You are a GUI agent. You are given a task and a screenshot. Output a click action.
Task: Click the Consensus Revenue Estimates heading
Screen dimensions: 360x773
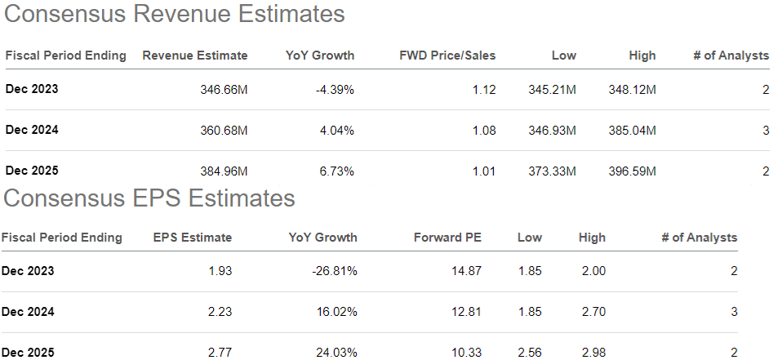(173, 14)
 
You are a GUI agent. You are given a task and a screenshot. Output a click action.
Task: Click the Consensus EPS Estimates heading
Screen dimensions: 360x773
(149, 198)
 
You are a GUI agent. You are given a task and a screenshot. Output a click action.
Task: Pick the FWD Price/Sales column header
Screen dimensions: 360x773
(447, 56)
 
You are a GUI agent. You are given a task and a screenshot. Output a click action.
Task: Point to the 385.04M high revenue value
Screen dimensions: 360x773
(631, 130)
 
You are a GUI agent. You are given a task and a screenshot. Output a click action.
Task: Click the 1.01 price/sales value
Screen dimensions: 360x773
(483, 171)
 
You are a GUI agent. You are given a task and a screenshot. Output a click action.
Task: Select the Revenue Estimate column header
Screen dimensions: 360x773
(194, 56)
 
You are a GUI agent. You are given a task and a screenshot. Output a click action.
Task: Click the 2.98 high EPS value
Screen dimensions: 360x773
(593, 352)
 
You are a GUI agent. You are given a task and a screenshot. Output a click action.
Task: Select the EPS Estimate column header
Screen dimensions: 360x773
(193, 238)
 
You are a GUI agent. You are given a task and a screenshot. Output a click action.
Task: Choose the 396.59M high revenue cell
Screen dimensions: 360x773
(631, 171)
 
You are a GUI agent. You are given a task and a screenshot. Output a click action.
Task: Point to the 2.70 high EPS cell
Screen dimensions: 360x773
(593, 311)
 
